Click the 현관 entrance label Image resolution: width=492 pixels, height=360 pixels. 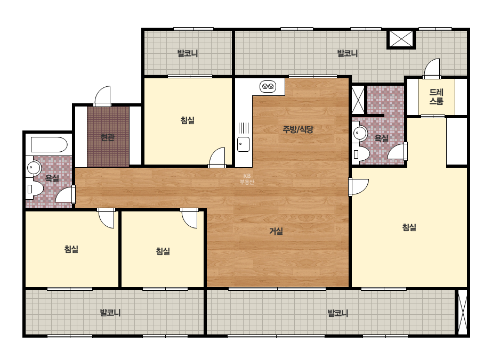107,137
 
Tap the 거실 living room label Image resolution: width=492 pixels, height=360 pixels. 276,232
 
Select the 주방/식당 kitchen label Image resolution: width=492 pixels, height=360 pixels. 298,129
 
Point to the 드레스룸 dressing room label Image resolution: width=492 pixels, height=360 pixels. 436,96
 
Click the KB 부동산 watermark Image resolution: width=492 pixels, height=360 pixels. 247,179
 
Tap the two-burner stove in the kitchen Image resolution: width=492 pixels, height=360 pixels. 268,86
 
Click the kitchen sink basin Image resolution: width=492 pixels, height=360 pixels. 243,144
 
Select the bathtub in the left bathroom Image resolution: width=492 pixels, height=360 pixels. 49,145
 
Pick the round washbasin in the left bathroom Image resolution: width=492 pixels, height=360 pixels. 34,168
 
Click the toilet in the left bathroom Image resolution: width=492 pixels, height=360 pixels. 35,189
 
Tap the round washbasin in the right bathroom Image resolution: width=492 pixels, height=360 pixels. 360,134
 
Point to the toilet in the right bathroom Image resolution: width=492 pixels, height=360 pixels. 361,154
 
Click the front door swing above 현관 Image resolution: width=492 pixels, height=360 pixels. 102,96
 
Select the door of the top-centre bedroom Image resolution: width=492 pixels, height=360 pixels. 217,158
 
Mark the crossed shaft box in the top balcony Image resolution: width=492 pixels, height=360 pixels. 401,39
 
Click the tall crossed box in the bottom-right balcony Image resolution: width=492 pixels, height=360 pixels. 463,312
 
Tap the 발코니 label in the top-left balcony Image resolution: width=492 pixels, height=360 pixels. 188,53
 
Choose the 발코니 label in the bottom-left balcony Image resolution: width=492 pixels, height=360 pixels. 110,313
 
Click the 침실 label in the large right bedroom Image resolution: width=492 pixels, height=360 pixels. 409,227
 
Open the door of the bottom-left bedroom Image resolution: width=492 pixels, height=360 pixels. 106,218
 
